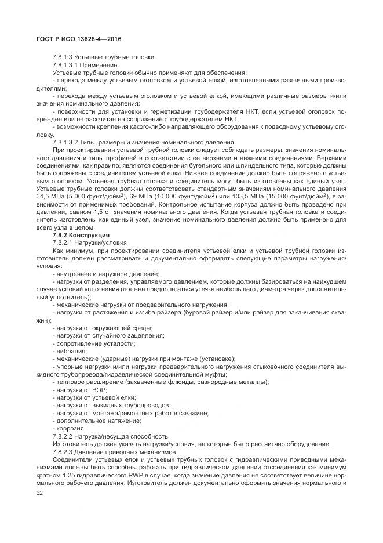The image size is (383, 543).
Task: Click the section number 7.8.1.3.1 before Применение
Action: click(68, 65)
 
